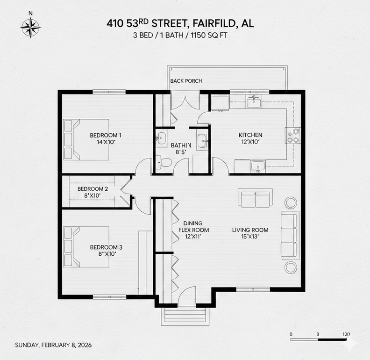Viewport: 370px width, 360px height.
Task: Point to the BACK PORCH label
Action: tap(186, 81)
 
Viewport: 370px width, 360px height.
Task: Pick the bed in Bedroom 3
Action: tap(87, 246)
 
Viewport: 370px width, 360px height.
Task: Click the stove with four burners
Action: tap(293, 135)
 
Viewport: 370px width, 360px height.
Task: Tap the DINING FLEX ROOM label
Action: tap(193, 230)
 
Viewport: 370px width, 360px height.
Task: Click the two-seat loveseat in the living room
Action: tap(255, 198)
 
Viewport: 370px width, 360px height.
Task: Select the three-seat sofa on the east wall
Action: tap(289, 235)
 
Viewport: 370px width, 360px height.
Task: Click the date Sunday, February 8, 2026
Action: tap(53, 345)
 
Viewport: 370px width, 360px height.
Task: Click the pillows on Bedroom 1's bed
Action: tap(69, 139)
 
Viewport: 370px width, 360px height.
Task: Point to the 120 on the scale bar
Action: tap(346, 334)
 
